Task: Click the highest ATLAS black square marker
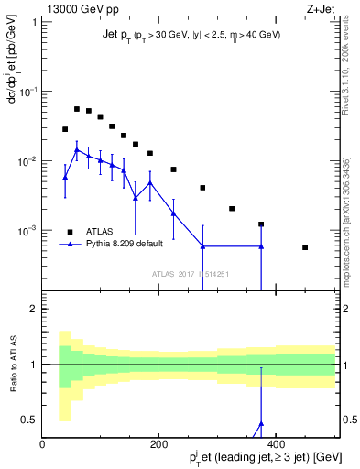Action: (77, 109)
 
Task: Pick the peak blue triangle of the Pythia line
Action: (77, 148)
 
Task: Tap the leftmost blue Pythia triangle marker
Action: (65, 177)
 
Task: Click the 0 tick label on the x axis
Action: (43, 443)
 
